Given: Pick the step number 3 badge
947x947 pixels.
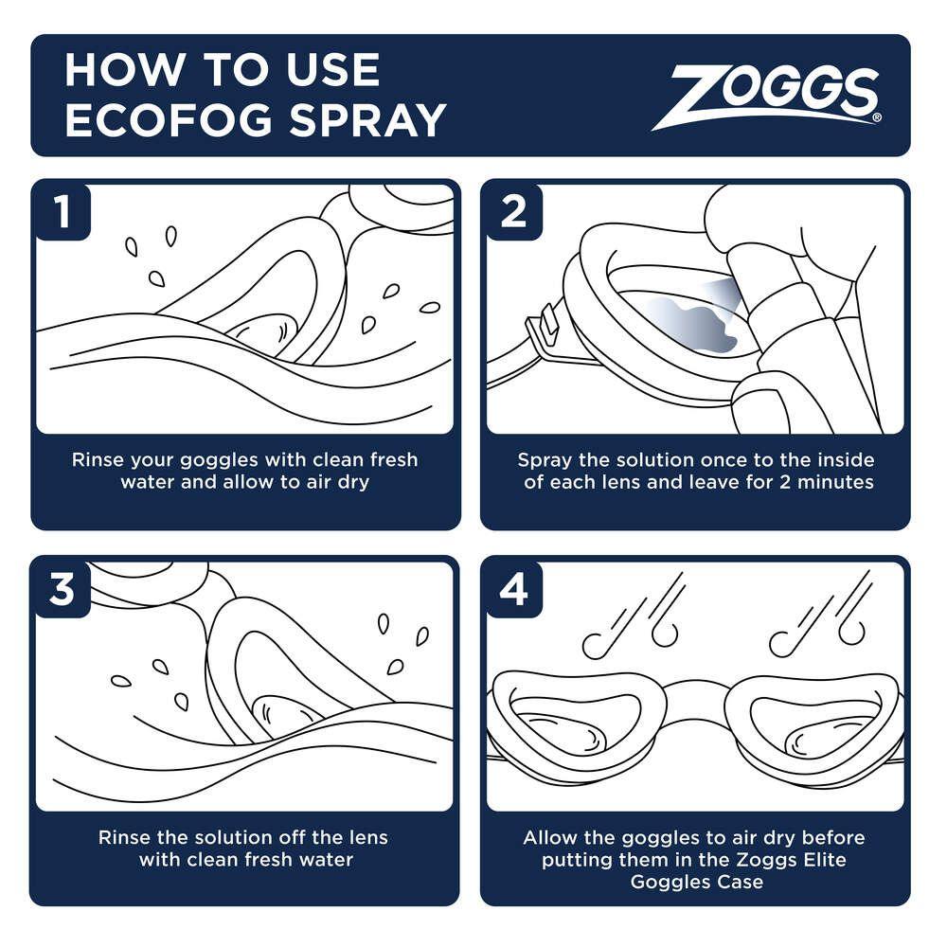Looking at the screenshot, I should [x=63, y=589].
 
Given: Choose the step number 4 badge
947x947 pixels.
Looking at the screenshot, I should [x=513, y=589].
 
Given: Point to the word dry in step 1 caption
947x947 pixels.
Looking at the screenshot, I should [x=351, y=482].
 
